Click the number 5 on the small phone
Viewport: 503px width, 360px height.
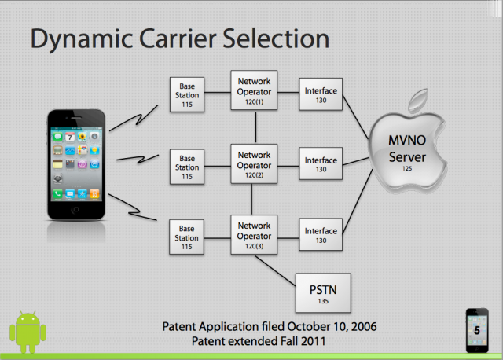[476, 330]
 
